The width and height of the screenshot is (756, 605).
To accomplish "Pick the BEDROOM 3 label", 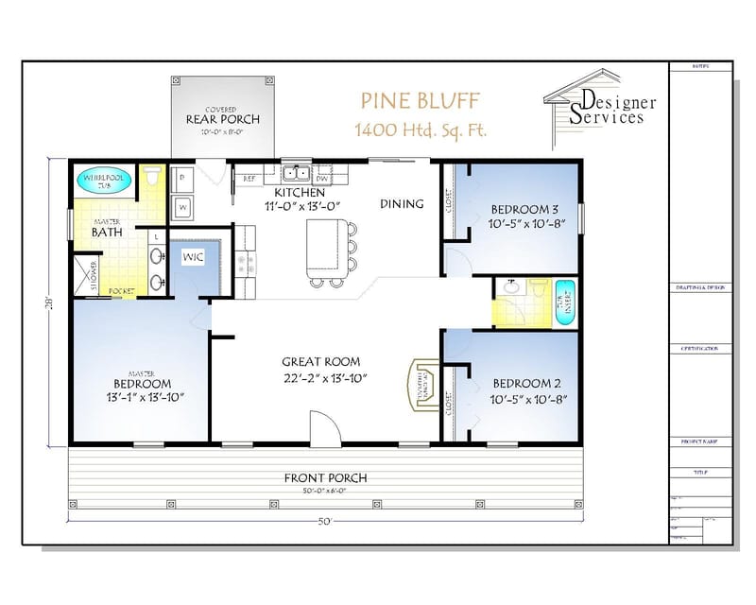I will pos(524,210).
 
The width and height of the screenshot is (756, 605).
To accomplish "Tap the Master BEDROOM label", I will pos(142,384).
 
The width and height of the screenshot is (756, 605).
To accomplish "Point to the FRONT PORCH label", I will pos(325,477).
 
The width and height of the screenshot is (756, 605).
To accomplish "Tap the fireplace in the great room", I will pos(421,383).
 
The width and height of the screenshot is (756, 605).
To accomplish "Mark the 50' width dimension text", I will pos(325,522).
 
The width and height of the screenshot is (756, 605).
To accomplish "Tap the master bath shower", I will pos(93,275).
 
